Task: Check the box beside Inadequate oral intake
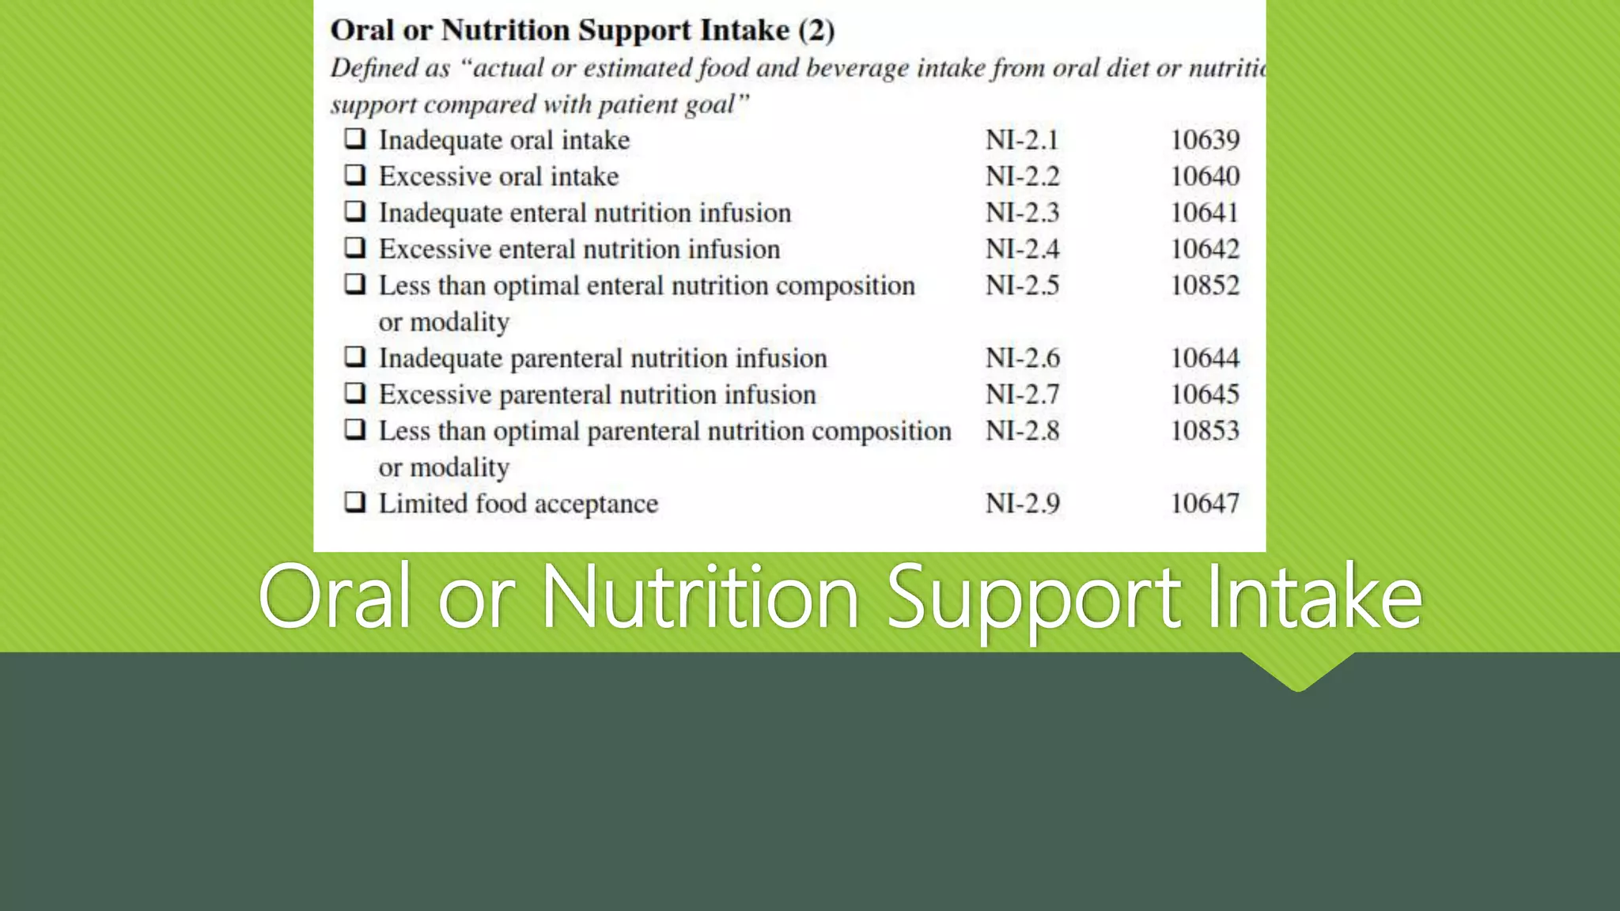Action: click(x=355, y=138)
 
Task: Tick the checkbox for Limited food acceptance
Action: click(x=355, y=502)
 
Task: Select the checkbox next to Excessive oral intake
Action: click(x=355, y=175)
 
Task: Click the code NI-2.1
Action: click(x=1022, y=140)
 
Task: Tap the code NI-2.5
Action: click(x=1022, y=285)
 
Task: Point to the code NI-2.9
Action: click(x=1022, y=504)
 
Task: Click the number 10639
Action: click(x=1205, y=140)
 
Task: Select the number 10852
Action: click(x=1205, y=285)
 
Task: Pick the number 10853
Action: click(x=1205, y=431)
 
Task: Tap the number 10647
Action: click(x=1205, y=504)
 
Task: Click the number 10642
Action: click(x=1205, y=249)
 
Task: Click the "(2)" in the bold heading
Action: click(x=816, y=31)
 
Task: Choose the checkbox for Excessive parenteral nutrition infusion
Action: click(x=355, y=393)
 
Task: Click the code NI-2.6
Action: click(x=1022, y=358)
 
